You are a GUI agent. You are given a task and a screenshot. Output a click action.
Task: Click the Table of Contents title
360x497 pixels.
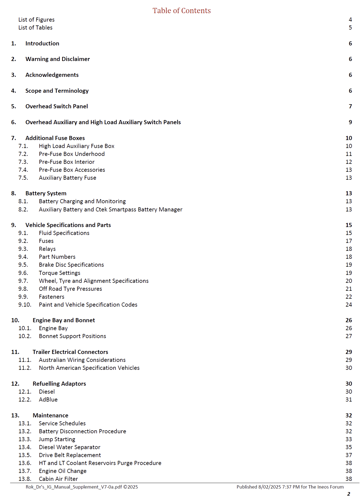coord(182,10)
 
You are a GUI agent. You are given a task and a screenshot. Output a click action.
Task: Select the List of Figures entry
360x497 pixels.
coord(36,20)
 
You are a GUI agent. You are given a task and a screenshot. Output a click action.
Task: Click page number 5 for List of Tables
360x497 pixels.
coord(350,28)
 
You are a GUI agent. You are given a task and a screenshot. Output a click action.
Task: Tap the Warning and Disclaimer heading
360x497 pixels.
coord(57,59)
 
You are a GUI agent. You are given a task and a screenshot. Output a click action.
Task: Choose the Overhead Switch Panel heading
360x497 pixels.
coord(57,106)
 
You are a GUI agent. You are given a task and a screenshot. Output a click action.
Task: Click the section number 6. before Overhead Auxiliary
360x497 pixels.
coord(14,122)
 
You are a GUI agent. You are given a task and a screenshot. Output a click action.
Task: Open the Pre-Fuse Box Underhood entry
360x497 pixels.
coord(72,154)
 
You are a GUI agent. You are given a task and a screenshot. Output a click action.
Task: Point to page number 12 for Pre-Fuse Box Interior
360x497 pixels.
coord(349,162)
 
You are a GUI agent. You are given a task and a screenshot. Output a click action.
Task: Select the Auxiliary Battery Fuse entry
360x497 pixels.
coord(68,178)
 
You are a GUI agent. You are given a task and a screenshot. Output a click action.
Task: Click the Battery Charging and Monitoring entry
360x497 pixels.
coord(82,201)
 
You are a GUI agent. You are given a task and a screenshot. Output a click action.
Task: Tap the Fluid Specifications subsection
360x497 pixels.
coord(64,233)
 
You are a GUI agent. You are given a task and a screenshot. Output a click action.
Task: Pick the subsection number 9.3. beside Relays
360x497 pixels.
coord(23,249)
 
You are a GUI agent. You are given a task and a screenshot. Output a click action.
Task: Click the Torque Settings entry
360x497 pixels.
coord(60,273)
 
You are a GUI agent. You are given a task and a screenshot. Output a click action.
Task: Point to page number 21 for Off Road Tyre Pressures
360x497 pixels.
coord(349,289)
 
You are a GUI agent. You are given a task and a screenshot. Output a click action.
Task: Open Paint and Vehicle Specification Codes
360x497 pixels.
coord(88,305)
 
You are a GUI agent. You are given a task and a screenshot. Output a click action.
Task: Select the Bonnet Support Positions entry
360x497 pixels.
coord(72,336)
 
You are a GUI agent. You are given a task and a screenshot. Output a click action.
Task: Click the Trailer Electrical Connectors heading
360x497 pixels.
coord(70,352)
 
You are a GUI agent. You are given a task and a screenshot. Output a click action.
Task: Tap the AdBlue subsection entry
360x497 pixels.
coord(48,400)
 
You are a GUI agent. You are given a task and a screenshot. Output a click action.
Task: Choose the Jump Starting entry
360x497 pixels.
coord(57,439)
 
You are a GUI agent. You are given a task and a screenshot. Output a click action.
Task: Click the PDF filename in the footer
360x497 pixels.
coord(82,487)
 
